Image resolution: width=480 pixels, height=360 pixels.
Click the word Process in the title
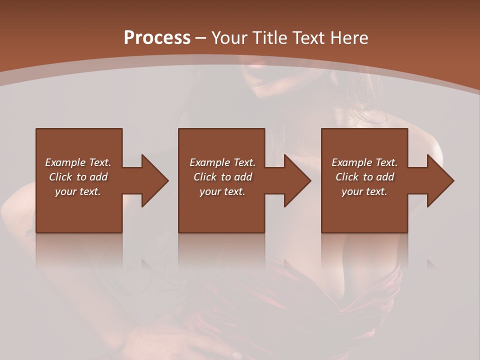[x=157, y=38]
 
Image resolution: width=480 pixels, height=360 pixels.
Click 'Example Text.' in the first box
[x=78, y=162]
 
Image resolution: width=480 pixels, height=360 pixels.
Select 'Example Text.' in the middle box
[x=222, y=162]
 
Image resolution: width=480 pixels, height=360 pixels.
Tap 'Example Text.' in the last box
[x=364, y=162]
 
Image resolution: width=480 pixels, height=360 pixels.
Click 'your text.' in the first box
[x=78, y=191]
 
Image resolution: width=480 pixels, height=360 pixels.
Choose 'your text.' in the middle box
[x=222, y=191]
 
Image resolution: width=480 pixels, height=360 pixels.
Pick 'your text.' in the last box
[x=364, y=191]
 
